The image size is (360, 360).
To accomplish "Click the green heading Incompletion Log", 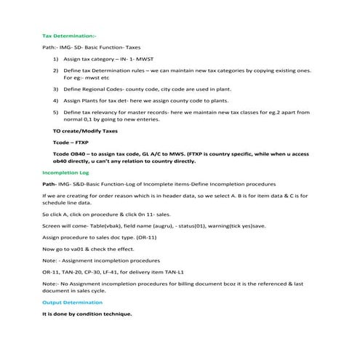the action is tap(66, 173).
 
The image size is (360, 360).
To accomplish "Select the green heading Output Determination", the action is tap(73, 301).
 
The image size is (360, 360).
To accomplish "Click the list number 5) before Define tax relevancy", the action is tap(57, 113).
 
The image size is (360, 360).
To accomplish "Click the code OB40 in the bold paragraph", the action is tap(81, 154).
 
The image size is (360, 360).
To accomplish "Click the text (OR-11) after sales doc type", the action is tap(146, 237).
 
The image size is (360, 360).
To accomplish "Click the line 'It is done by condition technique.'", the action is tap(87, 313).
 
